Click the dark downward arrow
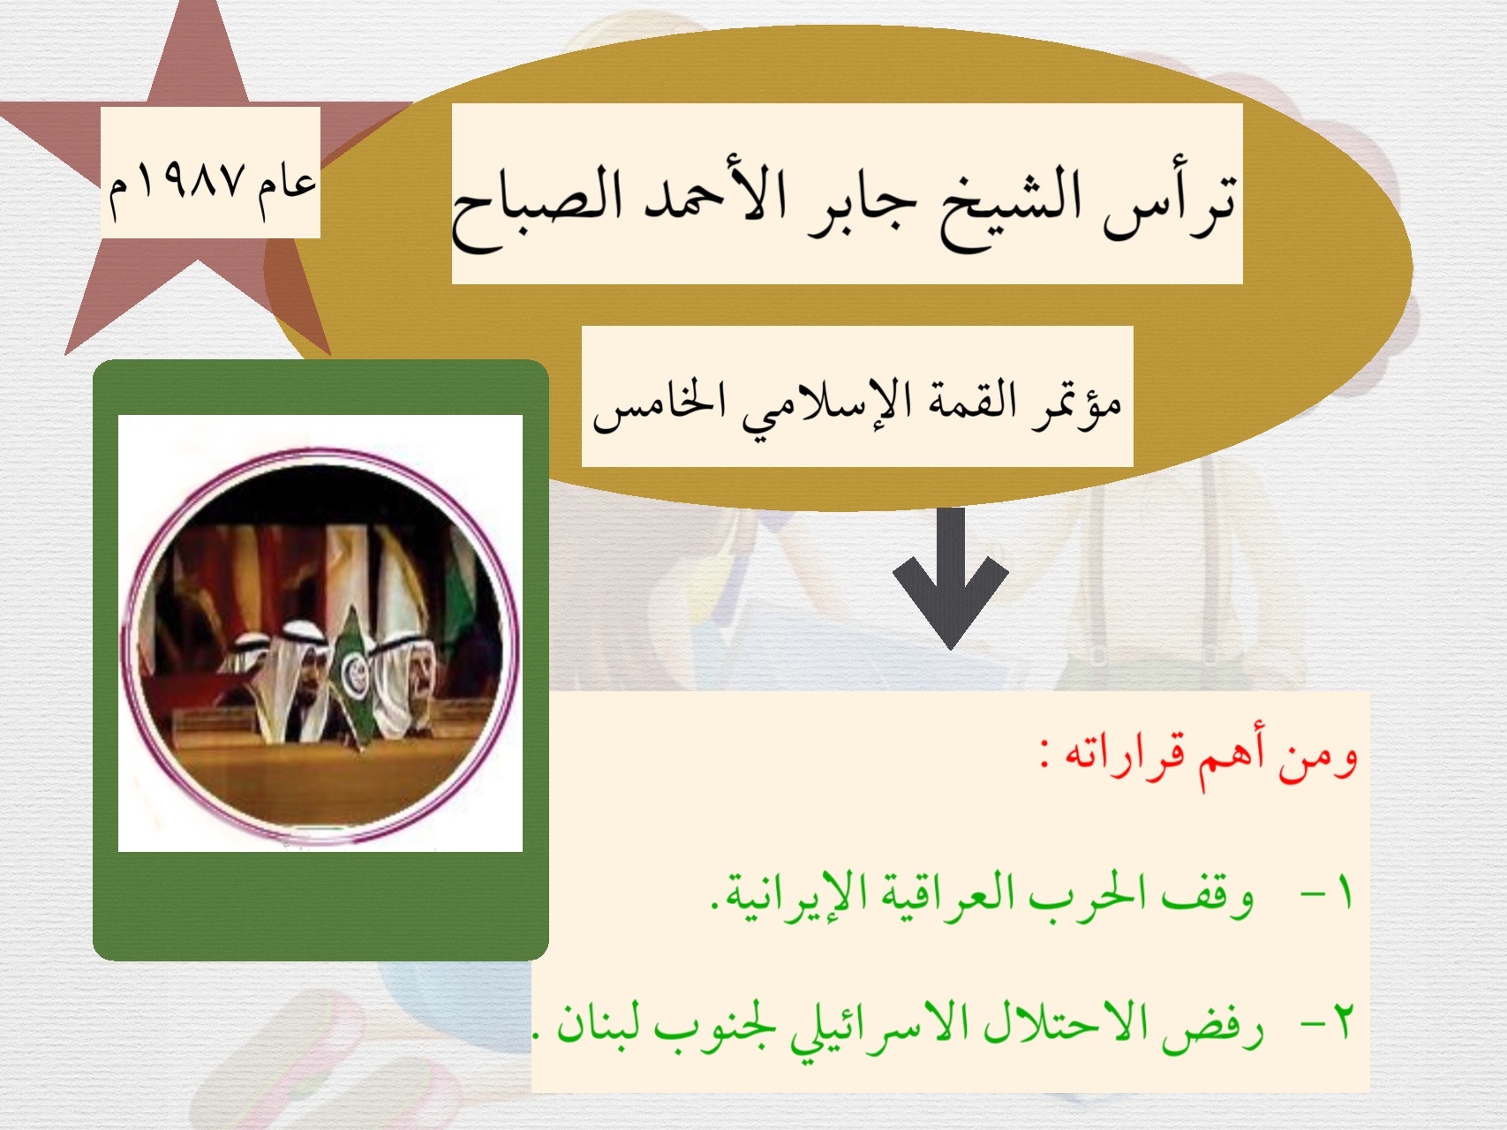point(951,577)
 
